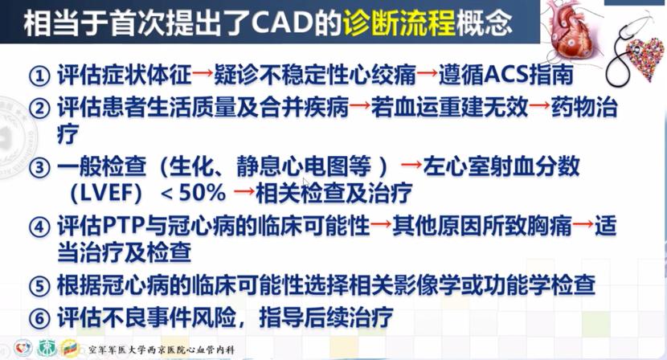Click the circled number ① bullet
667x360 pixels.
coord(39,76)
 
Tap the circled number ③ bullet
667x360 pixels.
coord(39,169)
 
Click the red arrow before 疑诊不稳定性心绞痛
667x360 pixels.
coord(203,76)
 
